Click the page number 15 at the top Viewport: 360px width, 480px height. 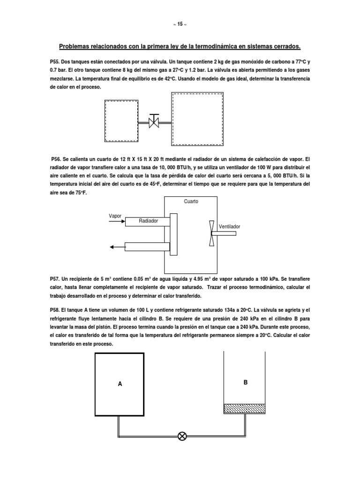point(180,24)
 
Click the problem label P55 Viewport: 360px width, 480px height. point(56,62)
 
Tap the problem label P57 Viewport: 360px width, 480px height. point(56,278)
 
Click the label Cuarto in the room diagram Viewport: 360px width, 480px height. point(191,202)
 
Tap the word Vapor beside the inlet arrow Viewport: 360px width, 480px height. point(115,216)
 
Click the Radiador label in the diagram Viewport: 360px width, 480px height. point(148,221)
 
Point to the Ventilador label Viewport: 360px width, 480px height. point(229,226)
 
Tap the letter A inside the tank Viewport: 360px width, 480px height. point(120,384)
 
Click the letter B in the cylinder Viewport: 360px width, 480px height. point(245,382)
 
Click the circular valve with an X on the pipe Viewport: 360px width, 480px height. point(182,436)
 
